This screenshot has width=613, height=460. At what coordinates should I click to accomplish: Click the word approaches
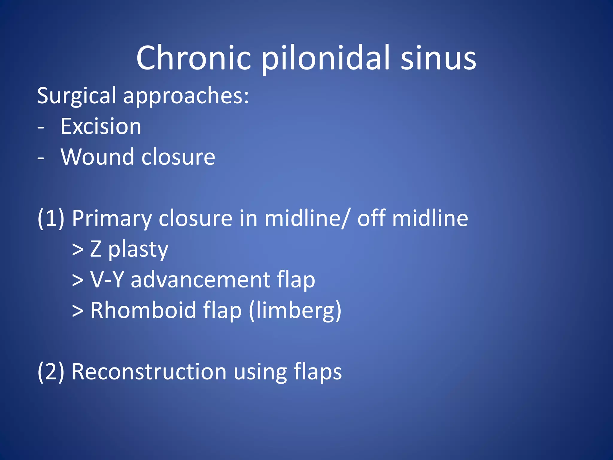(186, 96)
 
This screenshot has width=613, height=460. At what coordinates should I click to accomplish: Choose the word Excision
(101, 126)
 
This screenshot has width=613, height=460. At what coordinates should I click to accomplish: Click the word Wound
(97, 157)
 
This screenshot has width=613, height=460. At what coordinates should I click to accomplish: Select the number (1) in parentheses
(51, 218)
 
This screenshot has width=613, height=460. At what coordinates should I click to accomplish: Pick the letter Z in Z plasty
(96, 249)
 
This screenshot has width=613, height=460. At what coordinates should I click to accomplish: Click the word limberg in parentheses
(295, 311)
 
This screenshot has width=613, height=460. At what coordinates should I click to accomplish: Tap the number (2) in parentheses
(51, 372)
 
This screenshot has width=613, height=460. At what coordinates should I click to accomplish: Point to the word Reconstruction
(149, 372)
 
